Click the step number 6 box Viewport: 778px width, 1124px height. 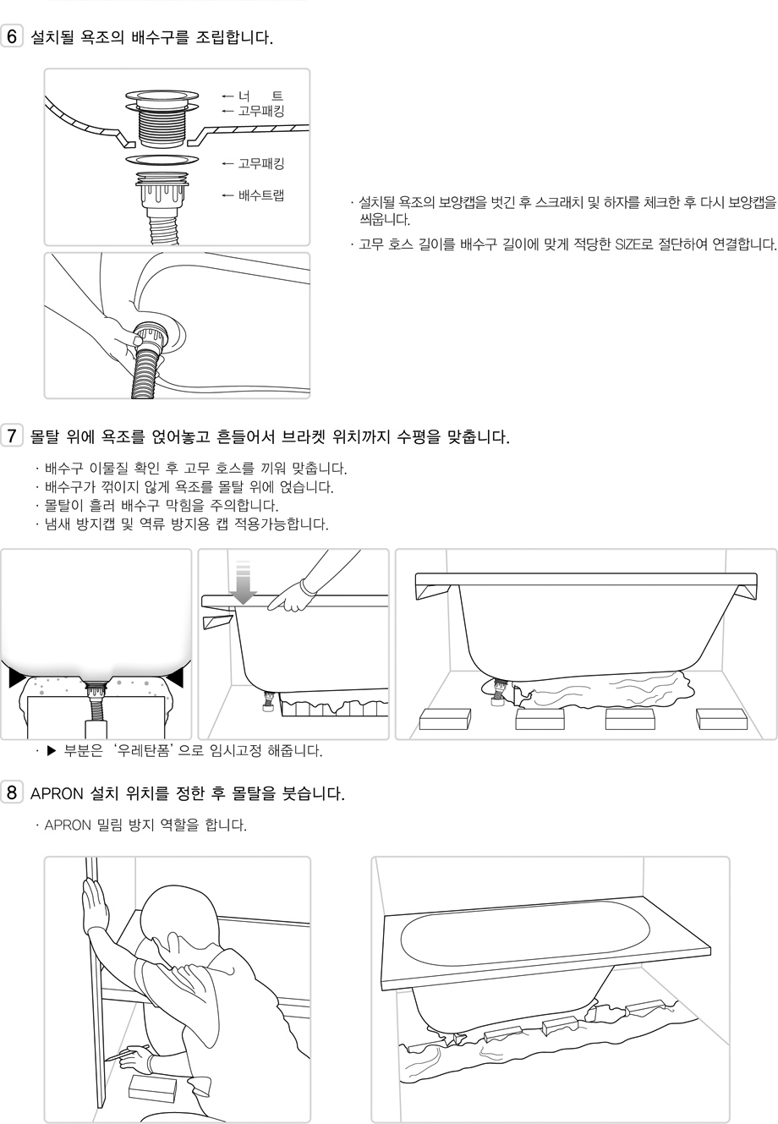coord(12,36)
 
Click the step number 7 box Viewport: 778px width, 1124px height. coord(12,436)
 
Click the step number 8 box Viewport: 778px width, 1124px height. coord(12,792)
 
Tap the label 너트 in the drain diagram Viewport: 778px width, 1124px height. coord(260,96)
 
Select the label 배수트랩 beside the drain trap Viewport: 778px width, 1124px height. coord(260,195)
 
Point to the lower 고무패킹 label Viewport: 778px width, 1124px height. coord(260,163)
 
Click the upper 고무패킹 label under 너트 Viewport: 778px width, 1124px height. coord(260,111)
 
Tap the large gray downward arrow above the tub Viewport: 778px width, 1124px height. coord(243,582)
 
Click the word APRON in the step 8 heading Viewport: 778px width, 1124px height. coord(57,794)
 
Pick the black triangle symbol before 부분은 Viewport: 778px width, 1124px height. coord(52,751)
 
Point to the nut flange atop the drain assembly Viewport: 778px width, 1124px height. coord(162,96)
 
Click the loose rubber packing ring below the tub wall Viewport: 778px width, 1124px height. coord(162,160)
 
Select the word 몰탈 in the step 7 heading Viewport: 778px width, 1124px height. coord(44,436)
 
